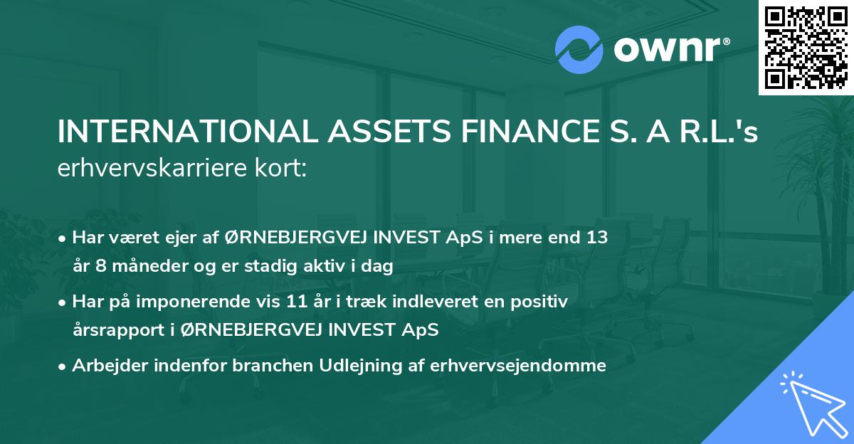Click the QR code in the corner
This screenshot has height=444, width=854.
tap(806, 47)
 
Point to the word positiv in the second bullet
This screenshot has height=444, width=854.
tap(543, 302)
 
